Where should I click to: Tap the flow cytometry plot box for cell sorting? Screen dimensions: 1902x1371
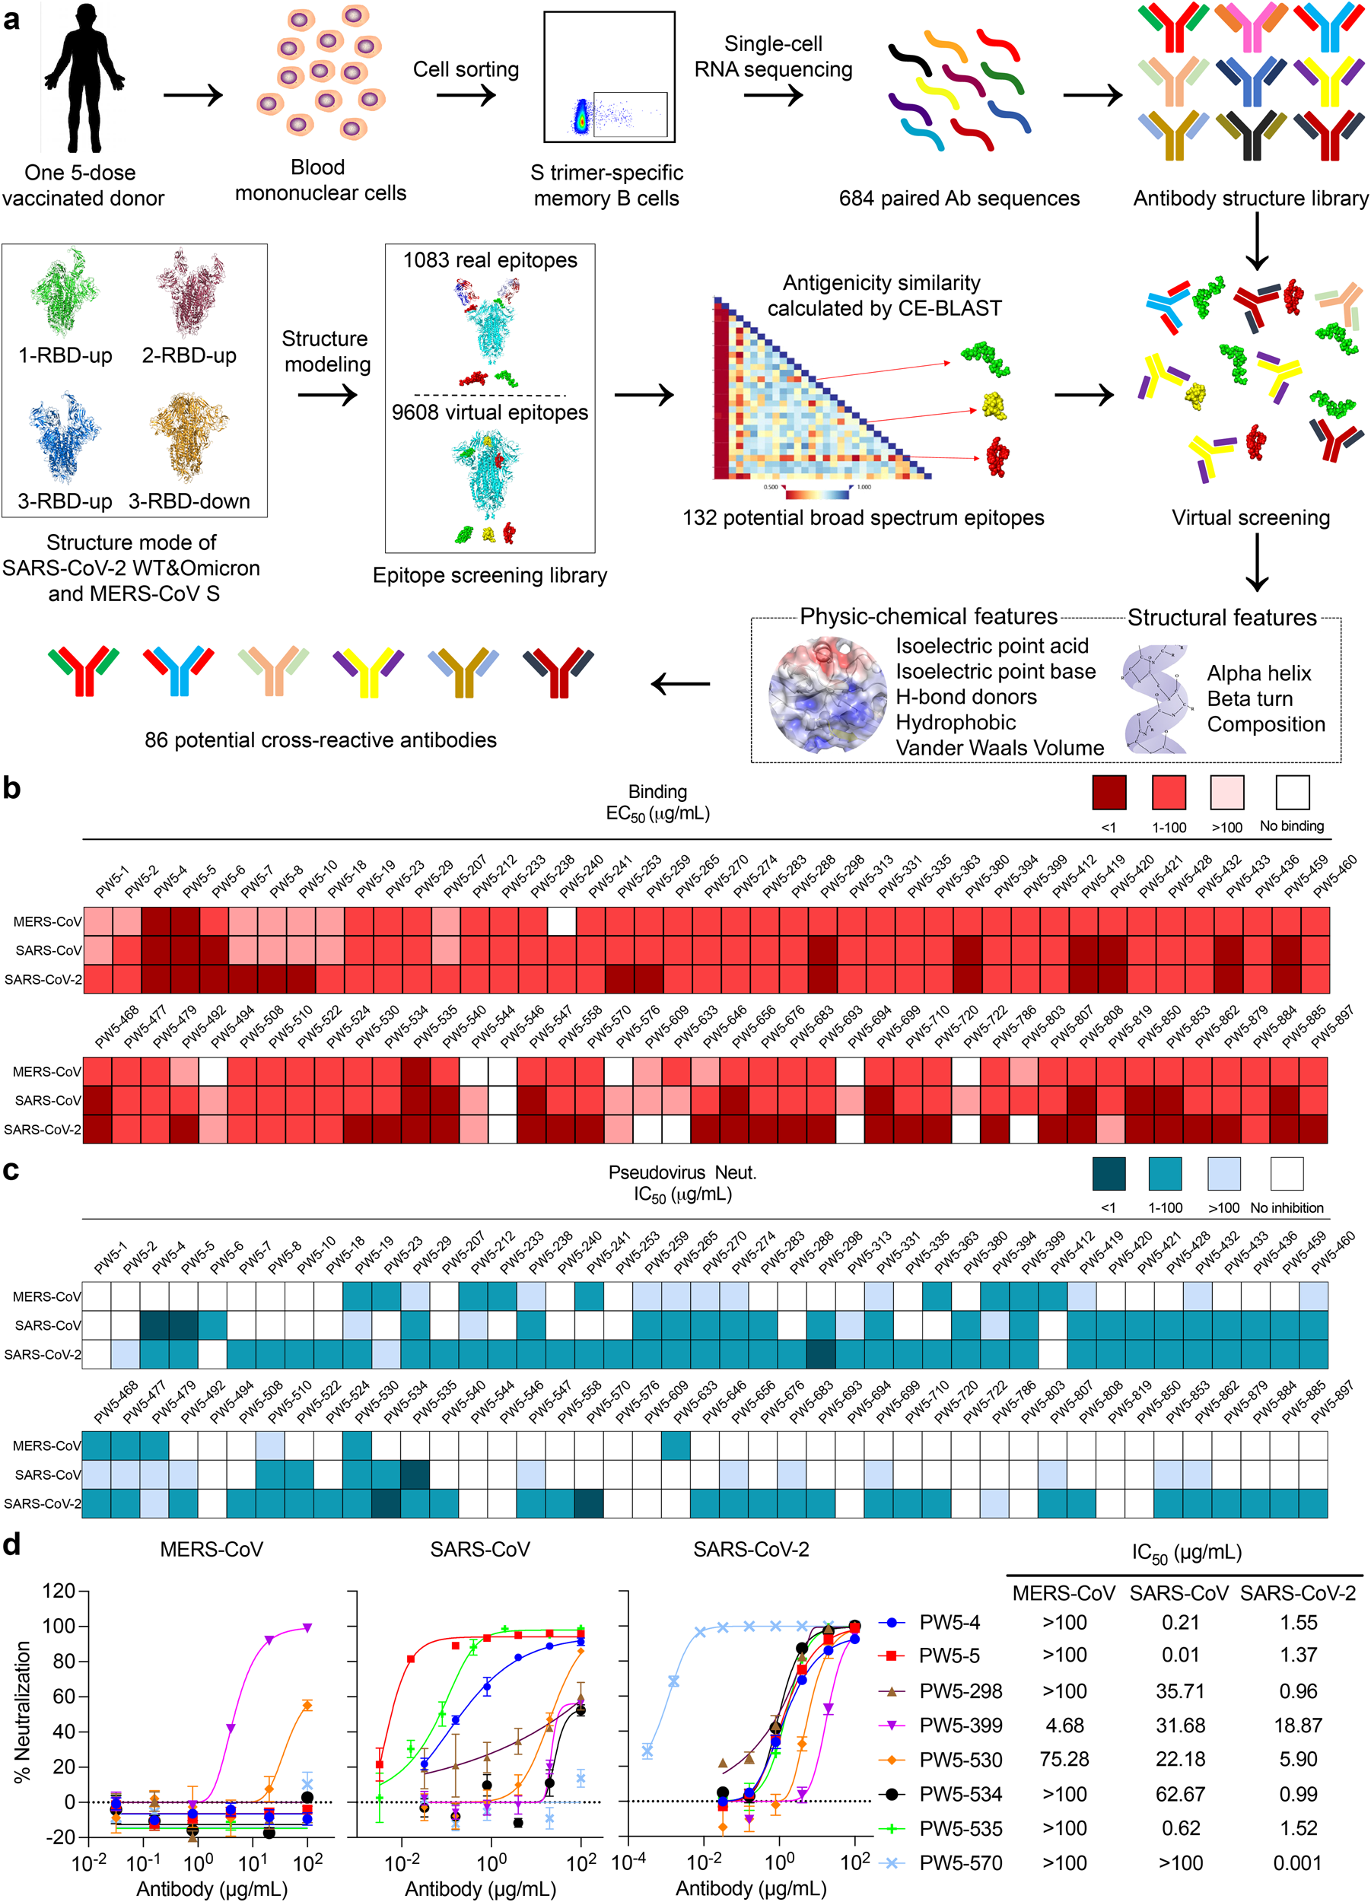609,76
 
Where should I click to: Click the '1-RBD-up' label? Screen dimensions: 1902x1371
65,355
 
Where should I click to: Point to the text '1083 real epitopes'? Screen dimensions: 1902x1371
490,260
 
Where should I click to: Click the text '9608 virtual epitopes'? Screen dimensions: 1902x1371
490,412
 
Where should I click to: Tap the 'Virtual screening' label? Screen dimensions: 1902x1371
1250,517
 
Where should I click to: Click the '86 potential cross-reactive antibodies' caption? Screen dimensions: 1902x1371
320,739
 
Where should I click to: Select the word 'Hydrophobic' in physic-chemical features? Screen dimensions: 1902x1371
955,722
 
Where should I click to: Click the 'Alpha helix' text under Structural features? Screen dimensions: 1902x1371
1258,673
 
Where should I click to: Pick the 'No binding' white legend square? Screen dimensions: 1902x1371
1292,792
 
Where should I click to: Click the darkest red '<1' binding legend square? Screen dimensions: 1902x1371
1109,792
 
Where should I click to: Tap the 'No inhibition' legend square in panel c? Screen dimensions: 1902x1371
1287,1173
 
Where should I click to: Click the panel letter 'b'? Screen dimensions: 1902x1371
11,788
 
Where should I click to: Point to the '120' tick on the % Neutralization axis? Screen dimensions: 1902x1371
59,1591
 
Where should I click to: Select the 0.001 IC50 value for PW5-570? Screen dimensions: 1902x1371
1297,1863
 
